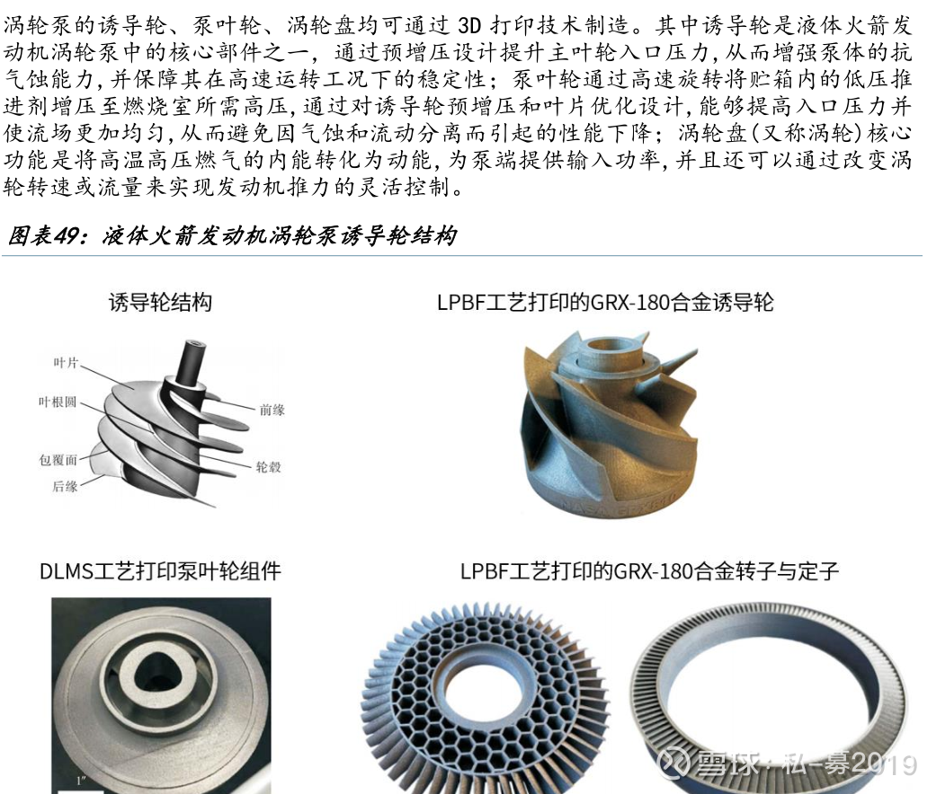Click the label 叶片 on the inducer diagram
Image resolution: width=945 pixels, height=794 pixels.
(x=66, y=362)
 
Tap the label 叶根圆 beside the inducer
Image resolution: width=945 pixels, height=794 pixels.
(x=58, y=401)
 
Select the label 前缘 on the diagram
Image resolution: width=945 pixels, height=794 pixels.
(x=272, y=410)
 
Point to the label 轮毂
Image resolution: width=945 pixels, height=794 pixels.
(x=268, y=466)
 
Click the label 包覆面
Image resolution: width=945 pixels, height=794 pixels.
(x=58, y=460)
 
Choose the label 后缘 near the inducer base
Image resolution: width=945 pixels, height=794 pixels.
(x=65, y=486)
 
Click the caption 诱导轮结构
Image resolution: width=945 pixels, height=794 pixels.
(x=160, y=302)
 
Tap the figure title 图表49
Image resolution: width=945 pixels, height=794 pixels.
(x=43, y=235)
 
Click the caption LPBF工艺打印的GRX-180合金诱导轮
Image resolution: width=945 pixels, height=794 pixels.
(x=605, y=302)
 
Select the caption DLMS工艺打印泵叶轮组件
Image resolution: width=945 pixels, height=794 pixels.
(x=160, y=570)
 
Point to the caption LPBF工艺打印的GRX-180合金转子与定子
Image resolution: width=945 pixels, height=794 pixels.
(x=650, y=570)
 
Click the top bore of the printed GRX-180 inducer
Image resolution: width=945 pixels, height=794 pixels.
(x=610, y=348)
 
